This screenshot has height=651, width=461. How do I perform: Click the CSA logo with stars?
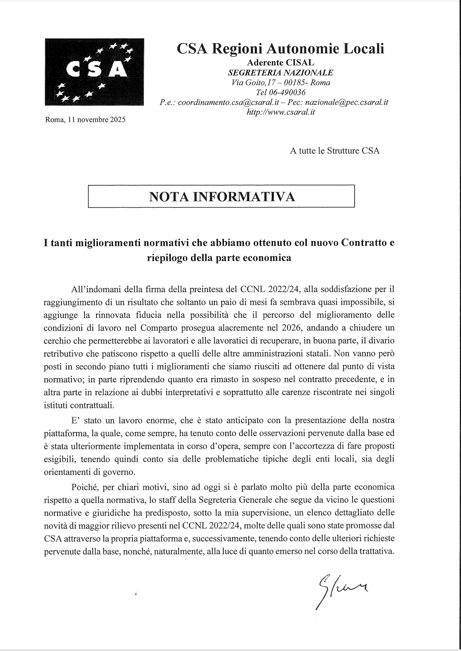pos(94,72)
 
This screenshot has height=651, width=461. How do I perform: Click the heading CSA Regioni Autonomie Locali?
pos(280,49)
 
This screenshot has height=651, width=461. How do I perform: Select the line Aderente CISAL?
pos(281,63)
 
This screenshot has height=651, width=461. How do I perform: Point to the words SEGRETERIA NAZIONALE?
pos(281,73)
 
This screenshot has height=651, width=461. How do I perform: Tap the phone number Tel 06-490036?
pos(281,92)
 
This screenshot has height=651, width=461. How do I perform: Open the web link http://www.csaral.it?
pos(281,112)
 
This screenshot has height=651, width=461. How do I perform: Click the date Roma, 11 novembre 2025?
pos(85,120)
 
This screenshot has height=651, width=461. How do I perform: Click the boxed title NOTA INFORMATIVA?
pos(222,196)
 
